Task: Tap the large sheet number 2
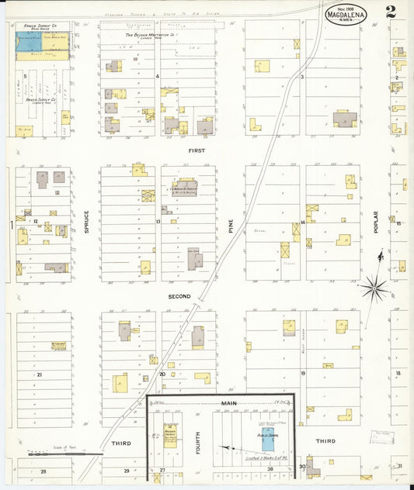[x=389, y=12]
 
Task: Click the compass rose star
[x=375, y=289]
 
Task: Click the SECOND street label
[x=179, y=296]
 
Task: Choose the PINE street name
[x=231, y=226]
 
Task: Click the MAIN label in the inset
[x=228, y=403]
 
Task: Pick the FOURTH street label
[x=198, y=442]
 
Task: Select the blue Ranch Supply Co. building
[x=30, y=43]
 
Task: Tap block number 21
[x=39, y=374]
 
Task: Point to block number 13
[x=158, y=222]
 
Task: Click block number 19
[x=302, y=374]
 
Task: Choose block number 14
[x=302, y=222]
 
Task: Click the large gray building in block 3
[x=345, y=119]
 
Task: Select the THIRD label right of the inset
[x=325, y=441]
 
